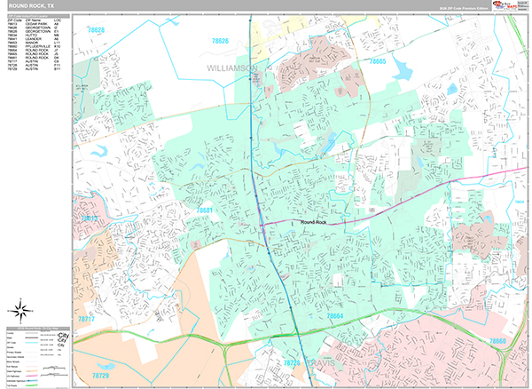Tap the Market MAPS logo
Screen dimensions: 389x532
coord(508,5)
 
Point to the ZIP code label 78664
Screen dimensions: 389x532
coord(334,315)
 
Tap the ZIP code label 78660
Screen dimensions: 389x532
coord(497,341)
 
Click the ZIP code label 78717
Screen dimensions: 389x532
coord(87,317)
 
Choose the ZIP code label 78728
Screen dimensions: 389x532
coord(293,363)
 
